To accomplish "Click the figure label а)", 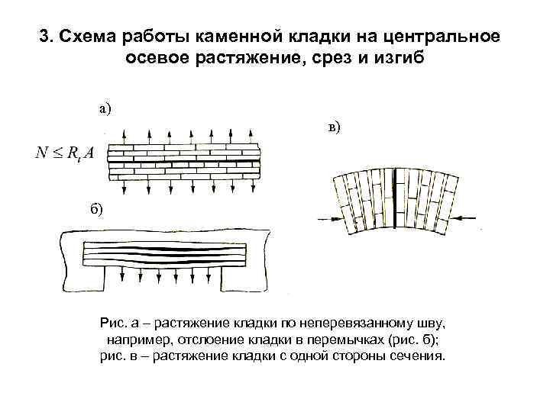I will click(x=105, y=108).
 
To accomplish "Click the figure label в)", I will click(x=335, y=127).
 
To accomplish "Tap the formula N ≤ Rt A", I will click(x=64, y=153).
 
